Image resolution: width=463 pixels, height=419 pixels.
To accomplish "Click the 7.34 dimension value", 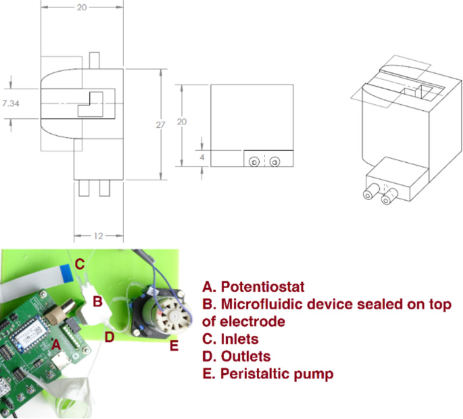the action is tap(11, 103).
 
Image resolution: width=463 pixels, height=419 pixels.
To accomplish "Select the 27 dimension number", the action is tap(160, 125).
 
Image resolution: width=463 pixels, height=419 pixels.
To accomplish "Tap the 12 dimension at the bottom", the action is tap(98, 236).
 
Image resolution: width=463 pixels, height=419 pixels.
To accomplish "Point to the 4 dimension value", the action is tap(202, 157).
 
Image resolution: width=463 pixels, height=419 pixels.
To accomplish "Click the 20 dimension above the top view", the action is tap(82, 7).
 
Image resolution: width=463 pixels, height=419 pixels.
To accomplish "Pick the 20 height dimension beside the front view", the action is tap(182, 122).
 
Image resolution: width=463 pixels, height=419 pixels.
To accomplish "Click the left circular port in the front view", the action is tap(254, 162).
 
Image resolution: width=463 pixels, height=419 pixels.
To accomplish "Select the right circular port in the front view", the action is tap(275, 162).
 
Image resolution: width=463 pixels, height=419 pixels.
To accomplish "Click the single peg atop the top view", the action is tap(94, 60).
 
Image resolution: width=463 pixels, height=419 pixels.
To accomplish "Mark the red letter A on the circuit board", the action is tap(56, 345).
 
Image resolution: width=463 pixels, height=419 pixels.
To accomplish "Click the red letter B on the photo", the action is tap(98, 302).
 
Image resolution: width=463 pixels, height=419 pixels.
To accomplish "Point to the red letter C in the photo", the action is tap(80, 264).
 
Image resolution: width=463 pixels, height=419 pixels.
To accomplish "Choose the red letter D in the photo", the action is tap(109, 337).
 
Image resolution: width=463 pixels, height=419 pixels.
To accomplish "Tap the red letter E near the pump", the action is tap(174, 346).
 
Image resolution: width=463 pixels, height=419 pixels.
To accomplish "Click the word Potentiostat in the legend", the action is tap(263, 287).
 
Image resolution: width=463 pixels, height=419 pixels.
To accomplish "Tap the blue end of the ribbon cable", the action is tap(66, 273).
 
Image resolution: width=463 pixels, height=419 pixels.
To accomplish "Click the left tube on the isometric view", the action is tap(371, 191).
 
